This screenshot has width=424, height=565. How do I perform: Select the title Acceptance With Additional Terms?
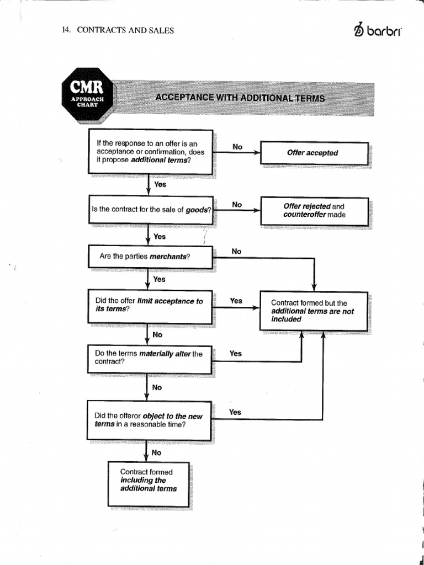(x=240, y=98)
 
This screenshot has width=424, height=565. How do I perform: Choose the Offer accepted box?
(x=314, y=153)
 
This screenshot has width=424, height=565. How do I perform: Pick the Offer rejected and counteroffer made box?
(x=314, y=211)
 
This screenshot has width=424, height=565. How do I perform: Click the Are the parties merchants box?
(x=150, y=257)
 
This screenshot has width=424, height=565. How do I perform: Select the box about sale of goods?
(x=150, y=210)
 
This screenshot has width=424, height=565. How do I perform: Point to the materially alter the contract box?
(x=149, y=358)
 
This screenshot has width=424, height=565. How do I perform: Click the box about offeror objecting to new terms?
(x=150, y=420)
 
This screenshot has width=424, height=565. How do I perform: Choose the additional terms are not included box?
(x=314, y=311)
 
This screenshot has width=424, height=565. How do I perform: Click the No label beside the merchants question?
(x=237, y=252)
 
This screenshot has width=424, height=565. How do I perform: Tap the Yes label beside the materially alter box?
(x=236, y=353)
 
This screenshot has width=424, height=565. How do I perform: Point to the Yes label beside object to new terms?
(x=235, y=412)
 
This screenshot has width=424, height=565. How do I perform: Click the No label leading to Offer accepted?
(x=237, y=147)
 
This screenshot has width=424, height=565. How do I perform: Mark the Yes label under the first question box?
(x=160, y=185)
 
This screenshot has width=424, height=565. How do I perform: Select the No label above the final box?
(x=157, y=452)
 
